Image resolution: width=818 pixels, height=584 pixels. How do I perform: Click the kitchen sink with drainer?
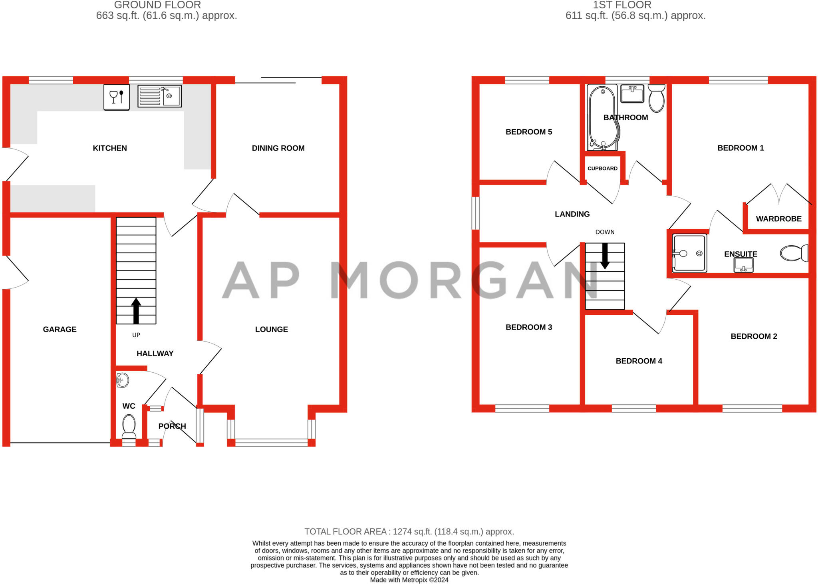click(x=159, y=96)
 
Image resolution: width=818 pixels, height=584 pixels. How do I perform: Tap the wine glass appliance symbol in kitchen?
click(x=116, y=97)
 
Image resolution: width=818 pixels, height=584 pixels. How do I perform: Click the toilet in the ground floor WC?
click(x=129, y=426)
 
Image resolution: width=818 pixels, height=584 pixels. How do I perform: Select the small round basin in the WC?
click(x=123, y=380)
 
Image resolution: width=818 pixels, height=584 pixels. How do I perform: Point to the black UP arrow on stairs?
click(x=136, y=310)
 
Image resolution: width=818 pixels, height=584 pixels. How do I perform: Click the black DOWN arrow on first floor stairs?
click(x=605, y=256)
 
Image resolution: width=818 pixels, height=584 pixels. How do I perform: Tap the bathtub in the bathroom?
click(x=603, y=118)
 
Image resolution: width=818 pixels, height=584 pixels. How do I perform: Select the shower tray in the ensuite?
click(x=689, y=253)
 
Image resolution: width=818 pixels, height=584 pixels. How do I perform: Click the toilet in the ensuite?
click(x=794, y=253)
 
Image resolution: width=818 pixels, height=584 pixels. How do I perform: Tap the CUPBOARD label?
click(x=602, y=169)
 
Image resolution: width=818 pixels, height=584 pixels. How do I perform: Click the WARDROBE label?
click(x=778, y=219)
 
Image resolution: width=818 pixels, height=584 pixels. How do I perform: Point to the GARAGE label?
click(x=60, y=330)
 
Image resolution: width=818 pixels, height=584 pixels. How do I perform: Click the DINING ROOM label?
click(x=278, y=148)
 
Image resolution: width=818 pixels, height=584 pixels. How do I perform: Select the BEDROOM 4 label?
click(x=639, y=361)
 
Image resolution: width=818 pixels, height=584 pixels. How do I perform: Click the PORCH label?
click(x=172, y=426)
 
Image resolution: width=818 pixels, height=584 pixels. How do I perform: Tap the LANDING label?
click(x=572, y=214)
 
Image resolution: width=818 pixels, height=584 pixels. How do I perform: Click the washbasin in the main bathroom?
click(x=632, y=94)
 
